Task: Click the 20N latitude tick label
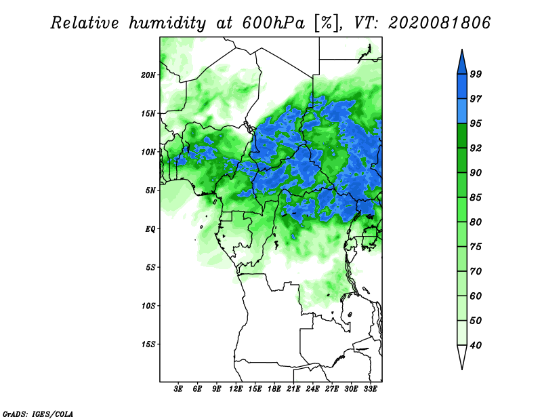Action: click(148, 75)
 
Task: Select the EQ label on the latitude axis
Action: click(150, 229)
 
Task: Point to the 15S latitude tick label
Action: click(148, 344)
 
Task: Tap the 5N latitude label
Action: click(150, 191)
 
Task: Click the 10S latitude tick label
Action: click(148, 306)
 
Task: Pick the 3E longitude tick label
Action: click(178, 389)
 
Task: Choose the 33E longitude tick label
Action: click(370, 389)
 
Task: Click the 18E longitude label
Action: click(274, 389)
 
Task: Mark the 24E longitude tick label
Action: click(312, 389)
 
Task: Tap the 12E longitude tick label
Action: click(236, 389)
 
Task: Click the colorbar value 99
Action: click(476, 74)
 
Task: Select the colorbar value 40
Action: click(476, 345)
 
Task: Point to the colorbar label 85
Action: click(476, 197)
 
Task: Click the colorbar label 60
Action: click(476, 296)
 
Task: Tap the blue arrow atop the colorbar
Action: click(462, 62)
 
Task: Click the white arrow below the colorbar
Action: click(462, 357)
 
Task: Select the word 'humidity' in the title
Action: click(167, 23)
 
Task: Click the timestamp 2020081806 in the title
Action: click(439, 23)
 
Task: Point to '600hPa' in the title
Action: click(274, 23)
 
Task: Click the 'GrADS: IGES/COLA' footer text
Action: click(38, 414)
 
